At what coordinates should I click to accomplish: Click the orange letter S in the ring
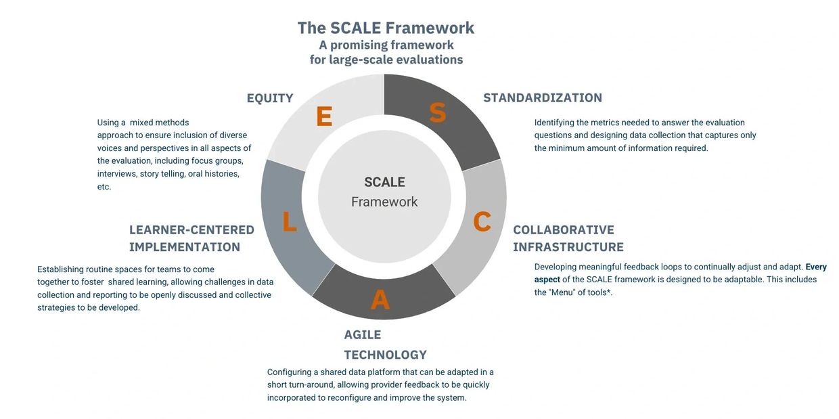click(438, 112)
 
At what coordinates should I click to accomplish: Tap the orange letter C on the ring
click(482, 221)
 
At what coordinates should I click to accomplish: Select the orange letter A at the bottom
click(380, 299)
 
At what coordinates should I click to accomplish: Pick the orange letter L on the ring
click(289, 221)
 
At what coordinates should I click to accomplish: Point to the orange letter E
click(324, 116)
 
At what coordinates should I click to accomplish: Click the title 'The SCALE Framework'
click(386, 28)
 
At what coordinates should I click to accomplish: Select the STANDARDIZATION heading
click(543, 97)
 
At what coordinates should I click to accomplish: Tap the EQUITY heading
click(270, 98)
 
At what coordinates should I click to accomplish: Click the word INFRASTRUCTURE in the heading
click(568, 247)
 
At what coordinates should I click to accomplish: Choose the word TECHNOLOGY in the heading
click(385, 355)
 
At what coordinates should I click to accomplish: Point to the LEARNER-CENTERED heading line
click(191, 229)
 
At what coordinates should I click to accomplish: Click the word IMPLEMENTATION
click(184, 247)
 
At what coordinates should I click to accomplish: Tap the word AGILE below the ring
click(362, 334)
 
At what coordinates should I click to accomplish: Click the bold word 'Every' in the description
click(816, 267)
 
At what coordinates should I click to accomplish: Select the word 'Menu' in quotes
click(560, 292)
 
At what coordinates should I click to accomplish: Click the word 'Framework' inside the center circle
click(384, 202)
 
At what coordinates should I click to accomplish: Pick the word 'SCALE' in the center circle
click(384, 182)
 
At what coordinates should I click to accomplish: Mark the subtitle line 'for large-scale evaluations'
click(386, 60)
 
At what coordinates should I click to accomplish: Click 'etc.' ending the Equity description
click(104, 187)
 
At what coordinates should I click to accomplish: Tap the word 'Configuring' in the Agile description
click(289, 372)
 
